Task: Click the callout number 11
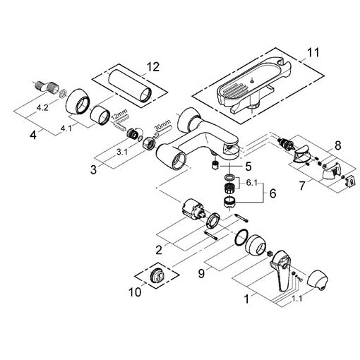pyautogui.click(x=313, y=52)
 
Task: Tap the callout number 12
pyautogui.click(x=153, y=67)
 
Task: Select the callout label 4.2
pyautogui.click(x=42, y=108)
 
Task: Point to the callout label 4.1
pyautogui.click(x=66, y=128)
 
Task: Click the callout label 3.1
pyautogui.click(x=122, y=152)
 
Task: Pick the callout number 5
pyautogui.click(x=248, y=167)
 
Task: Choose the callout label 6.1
pyautogui.click(x=252, y=183)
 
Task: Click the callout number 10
pyautogui.click(x=135, y=292)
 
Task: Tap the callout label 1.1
pyautogui.click(x=296, y=299)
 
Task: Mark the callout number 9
pyautogui.click(x=201, y=274)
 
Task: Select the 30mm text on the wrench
pyautogui.click(x=162, y=125)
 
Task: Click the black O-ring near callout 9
pyautogui.click(x=241, y=238)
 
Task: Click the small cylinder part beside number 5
pyautogui.click(x=215, y=165)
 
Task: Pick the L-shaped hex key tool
pyautogui.click(x=121, y=122)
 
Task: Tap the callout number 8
pyautogui.click(x=337, y=145)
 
